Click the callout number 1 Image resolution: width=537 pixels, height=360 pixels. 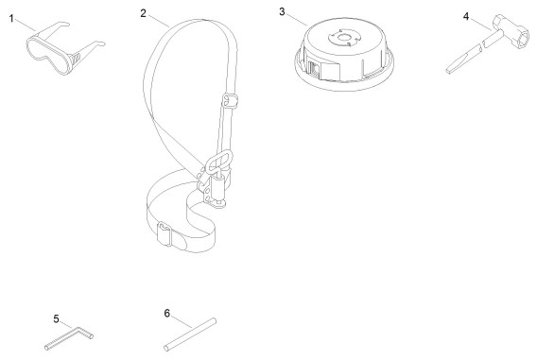(x=11, y=19)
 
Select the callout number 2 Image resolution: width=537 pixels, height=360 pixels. (x=143, y=13)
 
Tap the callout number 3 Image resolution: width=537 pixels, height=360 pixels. (x=282, y=11)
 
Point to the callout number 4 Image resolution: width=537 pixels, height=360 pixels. (x=466, y=16)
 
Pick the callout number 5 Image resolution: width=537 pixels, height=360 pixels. (x=57, y=319)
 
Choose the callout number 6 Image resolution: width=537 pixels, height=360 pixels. (x=166, y=313)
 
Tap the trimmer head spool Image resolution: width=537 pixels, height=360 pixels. (x=344, y=54)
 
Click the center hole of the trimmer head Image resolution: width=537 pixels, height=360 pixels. (x=344, y=38)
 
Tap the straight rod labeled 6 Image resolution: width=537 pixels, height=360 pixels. (x=190, y=334)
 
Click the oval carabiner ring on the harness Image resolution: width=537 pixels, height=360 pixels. (x=219, y=161)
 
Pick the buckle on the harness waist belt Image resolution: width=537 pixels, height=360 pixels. (x=165, y=234)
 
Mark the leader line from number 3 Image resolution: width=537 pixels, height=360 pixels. (x=297, y=20)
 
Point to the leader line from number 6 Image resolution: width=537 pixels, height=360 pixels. (x=182, y=322)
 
